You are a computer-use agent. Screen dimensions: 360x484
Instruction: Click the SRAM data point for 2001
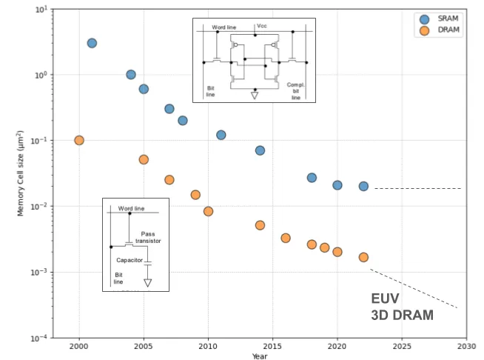[92, 43]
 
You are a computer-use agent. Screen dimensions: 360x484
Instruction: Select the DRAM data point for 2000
[79, 140]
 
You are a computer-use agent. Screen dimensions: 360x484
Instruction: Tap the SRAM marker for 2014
[260, 150]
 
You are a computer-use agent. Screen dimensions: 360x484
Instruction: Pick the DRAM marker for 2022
[363, 257]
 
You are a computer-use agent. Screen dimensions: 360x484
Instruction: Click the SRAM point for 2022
[363, 186]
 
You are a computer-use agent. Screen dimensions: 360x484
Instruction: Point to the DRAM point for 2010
[208, 211]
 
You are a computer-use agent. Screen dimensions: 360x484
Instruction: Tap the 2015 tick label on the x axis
[272, 346]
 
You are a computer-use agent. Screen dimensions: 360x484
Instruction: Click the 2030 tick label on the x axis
[466, 346]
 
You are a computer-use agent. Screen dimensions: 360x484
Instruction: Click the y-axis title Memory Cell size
[21, 174]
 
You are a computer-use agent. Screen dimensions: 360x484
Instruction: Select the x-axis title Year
[259, 356]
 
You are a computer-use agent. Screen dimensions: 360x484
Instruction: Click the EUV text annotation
[386, 299]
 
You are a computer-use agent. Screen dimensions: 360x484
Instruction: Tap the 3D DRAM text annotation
[402, 315]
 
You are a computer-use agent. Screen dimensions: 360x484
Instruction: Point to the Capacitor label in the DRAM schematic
[130, 259]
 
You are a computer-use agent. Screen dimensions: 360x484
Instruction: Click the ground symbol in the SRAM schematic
[255, 96]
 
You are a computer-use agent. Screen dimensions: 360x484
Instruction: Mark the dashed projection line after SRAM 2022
[417, 188]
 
